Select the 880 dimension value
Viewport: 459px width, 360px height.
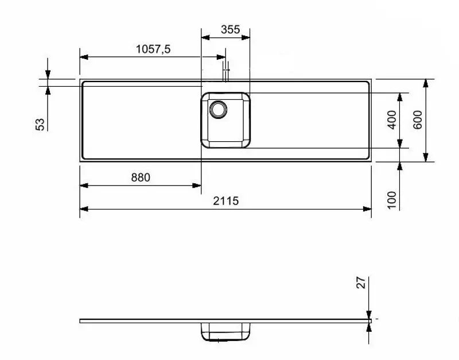140,177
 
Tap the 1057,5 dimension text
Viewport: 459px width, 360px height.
153,49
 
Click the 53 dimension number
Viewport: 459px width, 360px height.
40,124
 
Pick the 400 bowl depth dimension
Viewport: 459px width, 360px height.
392,119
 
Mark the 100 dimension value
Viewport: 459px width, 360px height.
392,199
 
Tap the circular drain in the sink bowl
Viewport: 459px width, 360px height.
219,108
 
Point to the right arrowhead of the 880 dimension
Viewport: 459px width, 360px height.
197,185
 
